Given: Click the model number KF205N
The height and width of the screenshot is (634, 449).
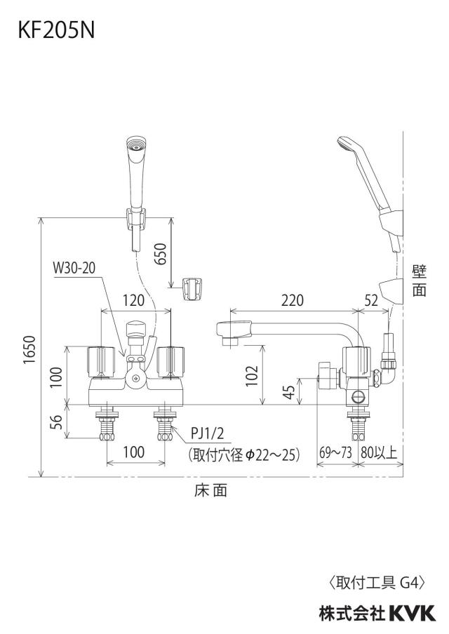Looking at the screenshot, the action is click(x=56, y=29).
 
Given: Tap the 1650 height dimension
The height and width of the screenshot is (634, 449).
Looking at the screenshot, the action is click(x=29, y=349).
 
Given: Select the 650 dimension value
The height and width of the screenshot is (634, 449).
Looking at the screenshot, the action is click(x=161, y=253).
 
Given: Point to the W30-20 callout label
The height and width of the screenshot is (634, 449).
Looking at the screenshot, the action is click(x=75, y=268).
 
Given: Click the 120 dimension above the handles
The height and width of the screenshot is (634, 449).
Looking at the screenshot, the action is click(x=133, y=300).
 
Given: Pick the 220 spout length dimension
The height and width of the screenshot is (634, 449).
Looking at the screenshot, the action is click(x=292, y=300).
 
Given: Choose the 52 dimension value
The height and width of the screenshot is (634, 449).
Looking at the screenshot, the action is click(x=371, y=300).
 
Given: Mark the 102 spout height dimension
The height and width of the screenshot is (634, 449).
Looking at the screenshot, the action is click(x=252, y=376).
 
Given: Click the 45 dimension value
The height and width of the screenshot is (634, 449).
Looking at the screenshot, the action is click(x=289, y=391).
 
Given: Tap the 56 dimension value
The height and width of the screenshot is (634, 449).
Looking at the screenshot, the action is click(x=57, y=421).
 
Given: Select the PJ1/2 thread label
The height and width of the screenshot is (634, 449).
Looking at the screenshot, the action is click(x=207, y=435).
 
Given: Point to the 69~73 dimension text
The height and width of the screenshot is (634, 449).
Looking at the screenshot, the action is click(x=336, y=452).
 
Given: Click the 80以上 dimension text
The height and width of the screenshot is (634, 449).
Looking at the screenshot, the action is click(x=379, y=452).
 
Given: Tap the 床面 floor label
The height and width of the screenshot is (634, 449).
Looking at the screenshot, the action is click(x=210, y=490).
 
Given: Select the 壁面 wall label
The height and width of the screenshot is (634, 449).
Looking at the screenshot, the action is click(x=420, y=281).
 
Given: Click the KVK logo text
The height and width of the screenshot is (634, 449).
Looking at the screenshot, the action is click(x=413, y=612).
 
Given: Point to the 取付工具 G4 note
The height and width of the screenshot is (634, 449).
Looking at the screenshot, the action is click(x=377, y=583).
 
